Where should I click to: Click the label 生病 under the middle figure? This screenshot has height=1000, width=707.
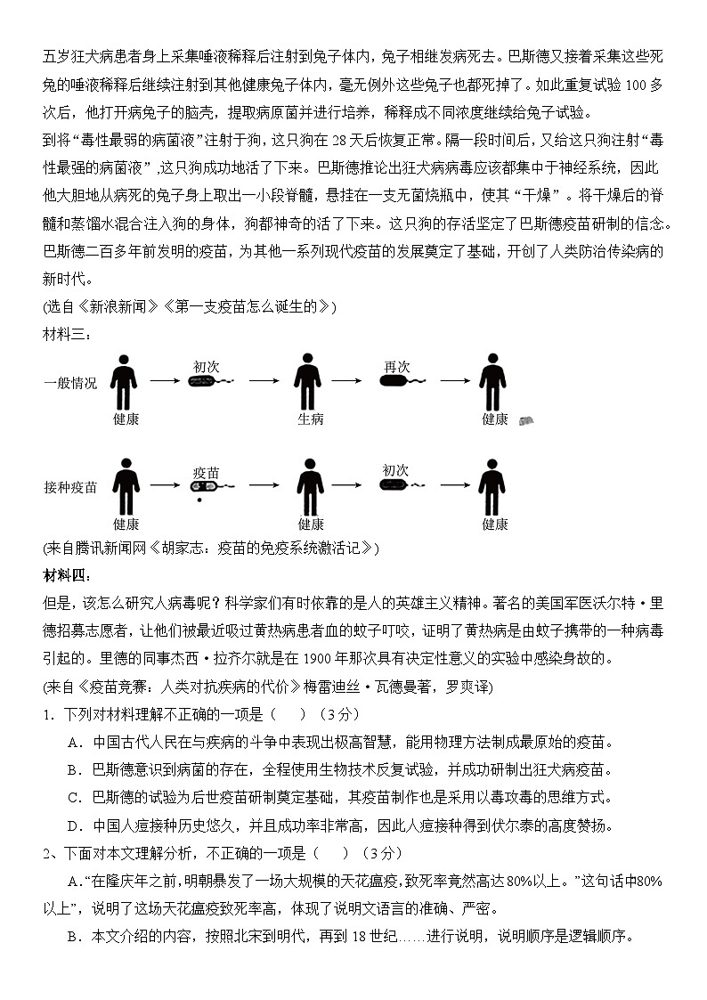[x=310, y=419]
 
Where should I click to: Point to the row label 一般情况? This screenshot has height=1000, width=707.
[x=71, y=383]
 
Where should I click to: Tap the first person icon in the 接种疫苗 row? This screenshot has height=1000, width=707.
[x=126, y=487]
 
